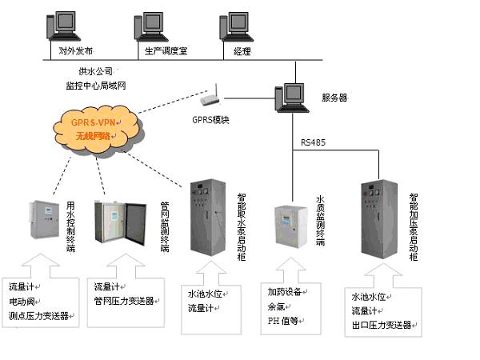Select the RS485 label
point(314,142)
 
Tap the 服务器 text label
point(334,98)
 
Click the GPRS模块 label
point(210,120)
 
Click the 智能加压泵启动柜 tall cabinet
point(378,218)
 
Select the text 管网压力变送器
point(124,301)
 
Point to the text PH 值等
point(282,321)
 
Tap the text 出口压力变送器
point(381,325)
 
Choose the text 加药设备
point(283,292)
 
